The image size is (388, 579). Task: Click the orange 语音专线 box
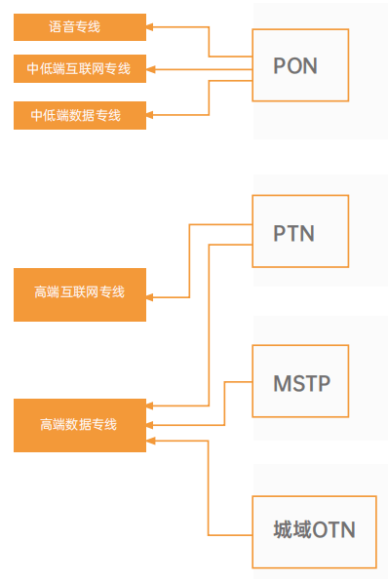pos(80,27)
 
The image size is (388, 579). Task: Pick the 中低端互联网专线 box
pos(80,68)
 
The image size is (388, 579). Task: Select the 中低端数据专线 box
pos(80,115)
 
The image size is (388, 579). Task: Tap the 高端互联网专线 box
pos(80,294)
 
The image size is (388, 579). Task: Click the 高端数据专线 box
pos(80,425)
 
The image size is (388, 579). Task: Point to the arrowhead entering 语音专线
pos(151,27)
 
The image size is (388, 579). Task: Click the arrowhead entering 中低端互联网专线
pos(151,68)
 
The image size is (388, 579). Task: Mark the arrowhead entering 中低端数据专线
pos(151,115)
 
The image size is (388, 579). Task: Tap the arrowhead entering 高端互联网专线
pos(151,296)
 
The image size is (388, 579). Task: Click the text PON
pos(295,66)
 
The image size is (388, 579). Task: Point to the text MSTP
pos(301,383)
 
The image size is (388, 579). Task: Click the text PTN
pos(293,234)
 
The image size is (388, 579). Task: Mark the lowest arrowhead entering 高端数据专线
pos(151,441)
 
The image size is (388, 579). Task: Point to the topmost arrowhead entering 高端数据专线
pos(151,405)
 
